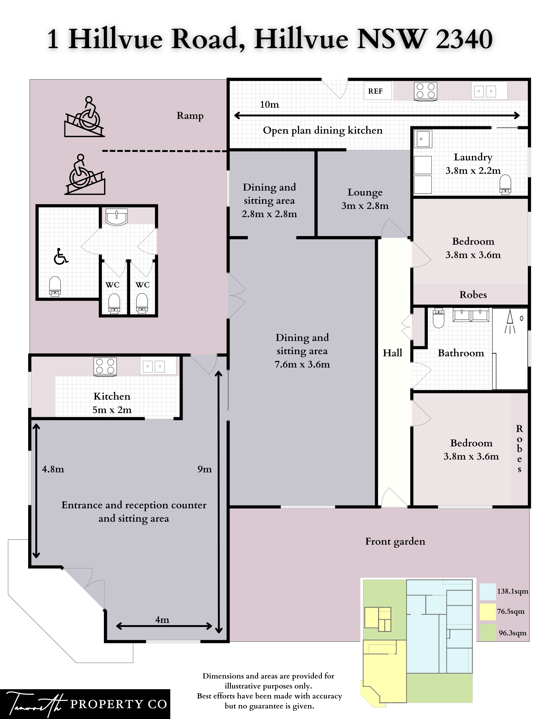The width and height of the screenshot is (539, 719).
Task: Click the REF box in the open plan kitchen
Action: point(375,91)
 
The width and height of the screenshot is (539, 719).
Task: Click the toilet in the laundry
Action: point(505,185)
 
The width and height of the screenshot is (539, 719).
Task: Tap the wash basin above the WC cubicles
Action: point(116,217)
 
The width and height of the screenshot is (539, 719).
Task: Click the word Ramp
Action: point(190,116)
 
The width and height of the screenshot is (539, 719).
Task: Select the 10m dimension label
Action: point(269,104)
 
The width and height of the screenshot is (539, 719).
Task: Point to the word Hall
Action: point(392,353)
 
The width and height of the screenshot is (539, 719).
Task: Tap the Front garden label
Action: point(395,541)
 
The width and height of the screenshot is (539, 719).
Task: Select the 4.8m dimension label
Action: point(53,469)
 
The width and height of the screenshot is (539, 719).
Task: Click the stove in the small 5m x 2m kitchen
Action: point(105,367)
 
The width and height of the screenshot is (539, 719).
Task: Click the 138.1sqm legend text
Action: point(513,591)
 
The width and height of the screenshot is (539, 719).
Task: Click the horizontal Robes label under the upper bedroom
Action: point(473,295)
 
